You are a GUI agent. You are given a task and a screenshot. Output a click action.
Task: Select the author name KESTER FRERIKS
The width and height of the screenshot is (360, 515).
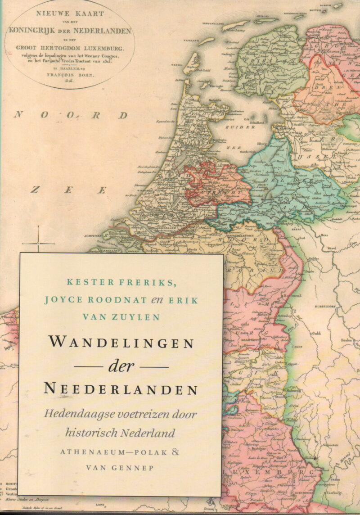click(x=121, y=282)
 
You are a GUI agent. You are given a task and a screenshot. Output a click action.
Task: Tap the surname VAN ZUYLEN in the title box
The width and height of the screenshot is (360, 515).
click(x=121, y=317)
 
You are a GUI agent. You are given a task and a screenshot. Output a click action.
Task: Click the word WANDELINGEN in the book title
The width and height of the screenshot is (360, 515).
click(x=121, y=343)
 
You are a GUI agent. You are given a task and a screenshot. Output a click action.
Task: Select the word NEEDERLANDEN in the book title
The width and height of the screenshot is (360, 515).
click(x=121, y=389)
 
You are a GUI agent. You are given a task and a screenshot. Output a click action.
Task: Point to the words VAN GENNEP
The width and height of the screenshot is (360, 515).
click(x=120, y=468)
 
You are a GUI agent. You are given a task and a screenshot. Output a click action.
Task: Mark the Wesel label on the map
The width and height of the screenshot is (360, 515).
click(x=331, y=248)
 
